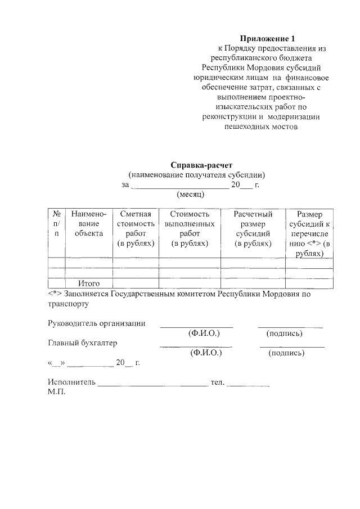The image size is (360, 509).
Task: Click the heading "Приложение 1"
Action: (x=267, y=38)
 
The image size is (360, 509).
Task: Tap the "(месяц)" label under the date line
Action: (x=190, y=194)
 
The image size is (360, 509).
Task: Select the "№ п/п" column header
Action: (x=56, y=224)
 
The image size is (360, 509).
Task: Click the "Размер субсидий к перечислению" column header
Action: (x=309, y=234)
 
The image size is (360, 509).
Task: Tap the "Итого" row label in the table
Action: (x=89, y=284)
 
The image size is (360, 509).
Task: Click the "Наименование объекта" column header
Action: (x=89, y=224)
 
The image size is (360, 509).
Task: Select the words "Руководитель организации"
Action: (x=97, y=323)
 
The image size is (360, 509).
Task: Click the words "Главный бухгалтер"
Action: (x=83, y=343)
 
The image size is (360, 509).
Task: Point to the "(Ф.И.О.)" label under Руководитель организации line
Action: (x=203, y=334)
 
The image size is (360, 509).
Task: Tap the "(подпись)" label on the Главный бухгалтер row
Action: (x=286, y=353)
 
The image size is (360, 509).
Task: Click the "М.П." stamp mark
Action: (x=57, y=392)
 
